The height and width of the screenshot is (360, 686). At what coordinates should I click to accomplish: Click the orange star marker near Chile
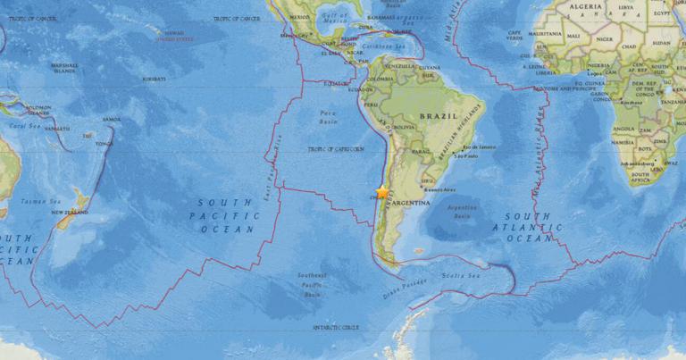[x=382, y=191]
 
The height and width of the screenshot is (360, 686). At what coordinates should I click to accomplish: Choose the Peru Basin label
[x=328, y=116]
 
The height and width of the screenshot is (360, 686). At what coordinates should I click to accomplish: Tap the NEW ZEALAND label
[x=69, y=213]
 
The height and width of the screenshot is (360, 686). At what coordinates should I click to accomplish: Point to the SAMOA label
[x=112, y=119]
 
